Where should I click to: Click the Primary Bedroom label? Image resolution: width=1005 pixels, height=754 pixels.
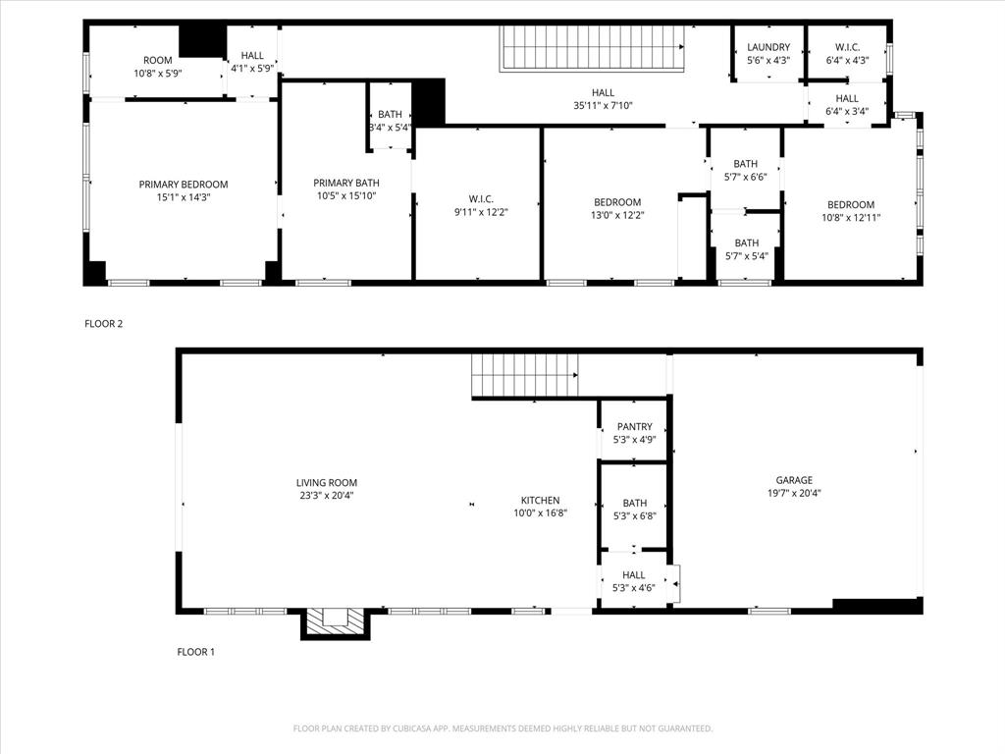point(183,185)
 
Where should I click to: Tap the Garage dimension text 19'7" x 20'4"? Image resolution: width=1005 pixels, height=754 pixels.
point(794,494)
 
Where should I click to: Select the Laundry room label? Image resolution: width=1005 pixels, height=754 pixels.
point(768,47)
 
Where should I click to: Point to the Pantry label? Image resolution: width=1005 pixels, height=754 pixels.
point(634,427)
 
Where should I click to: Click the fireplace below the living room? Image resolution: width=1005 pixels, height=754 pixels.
point(335,621)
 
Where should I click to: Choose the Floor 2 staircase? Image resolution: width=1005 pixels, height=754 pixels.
point(593,49)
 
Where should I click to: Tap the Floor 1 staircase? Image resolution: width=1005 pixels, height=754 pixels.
point(524,375)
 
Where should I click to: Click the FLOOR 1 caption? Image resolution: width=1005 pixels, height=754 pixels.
point(195,652)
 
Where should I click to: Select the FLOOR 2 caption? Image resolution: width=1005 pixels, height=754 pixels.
point(103,323)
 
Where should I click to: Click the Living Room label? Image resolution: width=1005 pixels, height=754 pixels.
point(327,483)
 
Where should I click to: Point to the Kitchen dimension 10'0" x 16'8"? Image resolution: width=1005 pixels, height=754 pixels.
point(540,513)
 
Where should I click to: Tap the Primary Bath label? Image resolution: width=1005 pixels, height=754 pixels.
point(346,183)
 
